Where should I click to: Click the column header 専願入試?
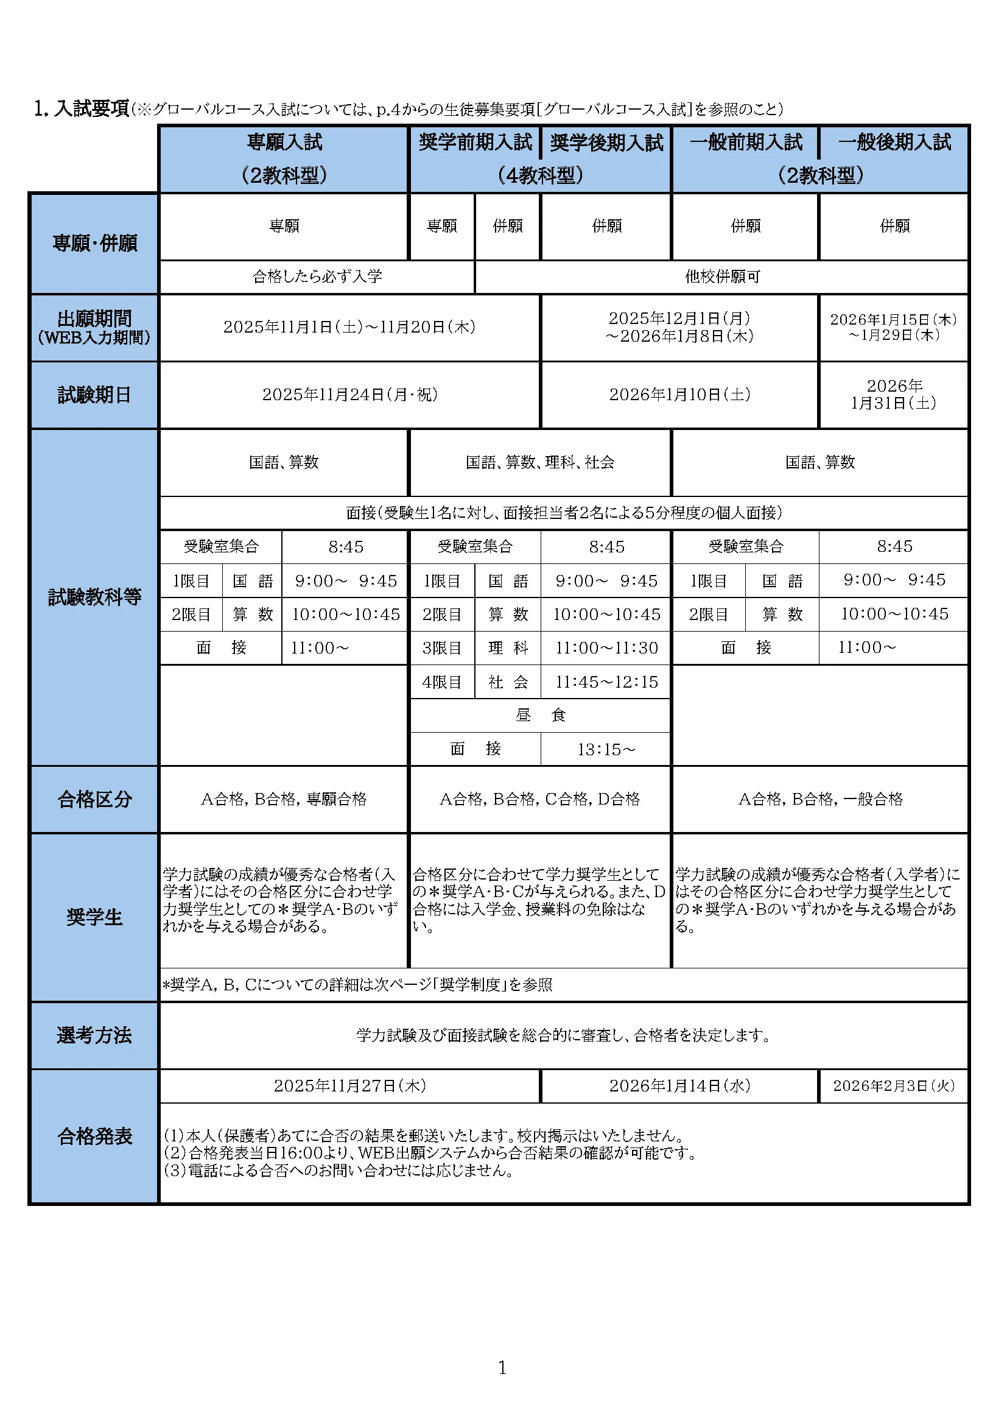coord(284,143)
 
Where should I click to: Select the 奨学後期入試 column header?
coord(606,143)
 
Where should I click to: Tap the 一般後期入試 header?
coord(894,143)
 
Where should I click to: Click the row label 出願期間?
coord(94,319)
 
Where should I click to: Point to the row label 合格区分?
coord(94,800)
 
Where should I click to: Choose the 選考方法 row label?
coord(94,1035)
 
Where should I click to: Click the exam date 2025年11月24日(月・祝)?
coord(349,395)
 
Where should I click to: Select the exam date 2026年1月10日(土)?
coord(679,395)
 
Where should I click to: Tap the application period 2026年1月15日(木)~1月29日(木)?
coord(894,327)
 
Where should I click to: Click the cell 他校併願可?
coord(722,277)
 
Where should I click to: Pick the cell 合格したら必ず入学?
coord(317,277)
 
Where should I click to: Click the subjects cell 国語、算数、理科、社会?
coord(540,462)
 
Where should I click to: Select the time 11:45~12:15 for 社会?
coord(606,682)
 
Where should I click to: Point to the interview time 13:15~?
coord(606,750)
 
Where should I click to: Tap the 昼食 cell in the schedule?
coord(540,716)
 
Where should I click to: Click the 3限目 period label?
coord(442,648)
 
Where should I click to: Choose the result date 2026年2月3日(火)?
coord(894,1086)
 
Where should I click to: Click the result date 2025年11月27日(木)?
coord(349,1086)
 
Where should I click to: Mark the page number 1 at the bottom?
coord(502,1367)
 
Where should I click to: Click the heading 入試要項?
coord(91,109)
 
